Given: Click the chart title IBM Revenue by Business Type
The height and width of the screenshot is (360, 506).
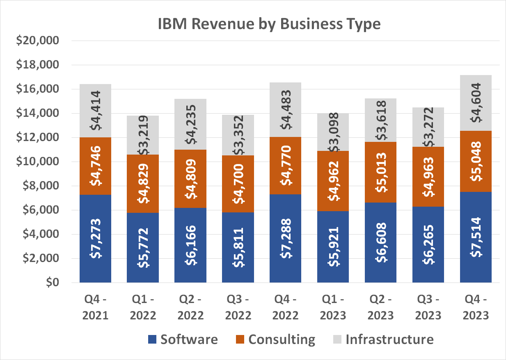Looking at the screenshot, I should coord(269,24).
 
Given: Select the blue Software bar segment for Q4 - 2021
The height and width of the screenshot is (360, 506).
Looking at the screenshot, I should coord(95,239).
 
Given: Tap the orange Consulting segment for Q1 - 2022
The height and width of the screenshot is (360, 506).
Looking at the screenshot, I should coord(142,183).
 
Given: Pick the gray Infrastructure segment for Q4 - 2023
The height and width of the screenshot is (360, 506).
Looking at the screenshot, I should coord(476,103).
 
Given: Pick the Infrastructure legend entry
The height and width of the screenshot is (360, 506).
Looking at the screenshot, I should coord(382,339).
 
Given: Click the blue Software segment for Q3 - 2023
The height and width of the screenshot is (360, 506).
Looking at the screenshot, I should coord(428,244).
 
